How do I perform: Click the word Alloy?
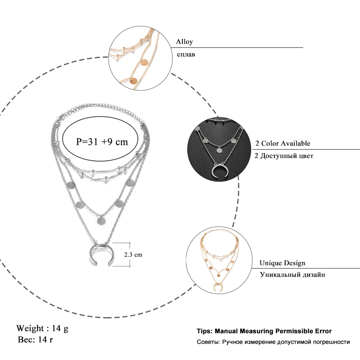(184, 42)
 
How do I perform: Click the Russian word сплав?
(186, 54)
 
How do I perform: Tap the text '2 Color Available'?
(282, 144)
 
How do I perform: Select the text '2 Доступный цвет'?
(284, 156)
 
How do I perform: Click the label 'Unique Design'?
(282, 263)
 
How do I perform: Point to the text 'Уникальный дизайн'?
(292, 275)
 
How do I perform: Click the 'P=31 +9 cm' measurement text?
(102, 141)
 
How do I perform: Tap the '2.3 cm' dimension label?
(133, 254)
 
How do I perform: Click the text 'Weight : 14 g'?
(42, 328)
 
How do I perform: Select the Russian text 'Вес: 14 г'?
(36, 340)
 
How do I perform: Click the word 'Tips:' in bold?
(204, 331)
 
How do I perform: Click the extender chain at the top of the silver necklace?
(104, 111)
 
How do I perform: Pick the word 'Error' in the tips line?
(323, 331)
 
